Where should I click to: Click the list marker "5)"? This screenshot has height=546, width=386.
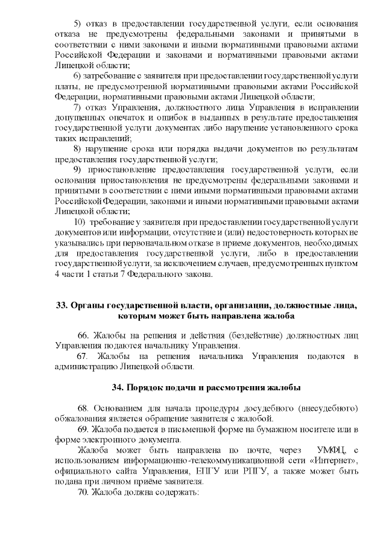point(77,24)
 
